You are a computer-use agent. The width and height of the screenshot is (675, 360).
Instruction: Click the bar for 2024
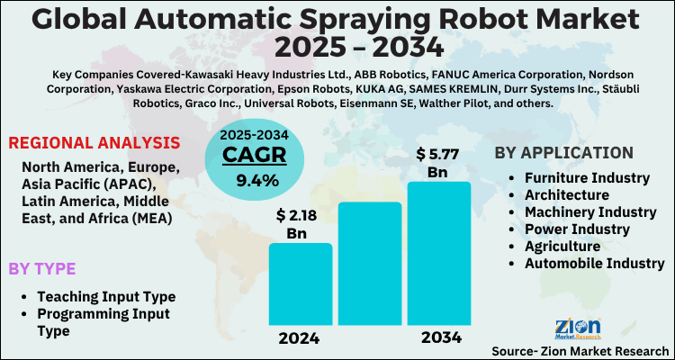301,283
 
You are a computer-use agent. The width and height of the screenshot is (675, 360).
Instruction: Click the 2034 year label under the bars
438,337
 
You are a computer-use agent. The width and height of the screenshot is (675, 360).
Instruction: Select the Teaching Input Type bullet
106,296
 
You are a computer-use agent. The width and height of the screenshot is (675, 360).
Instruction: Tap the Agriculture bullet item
562,246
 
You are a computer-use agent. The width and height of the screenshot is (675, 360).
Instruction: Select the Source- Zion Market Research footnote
580,349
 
